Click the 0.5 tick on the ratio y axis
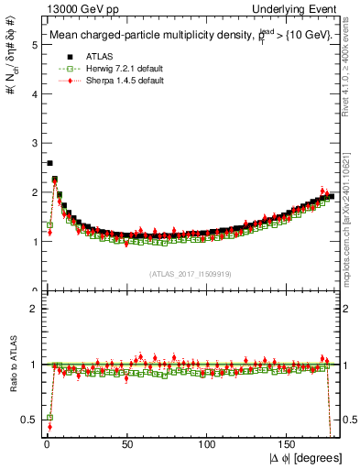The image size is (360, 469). point(27,420)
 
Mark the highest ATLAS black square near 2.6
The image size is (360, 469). point(49,163)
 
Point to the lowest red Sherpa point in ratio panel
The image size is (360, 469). point(49,427)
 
